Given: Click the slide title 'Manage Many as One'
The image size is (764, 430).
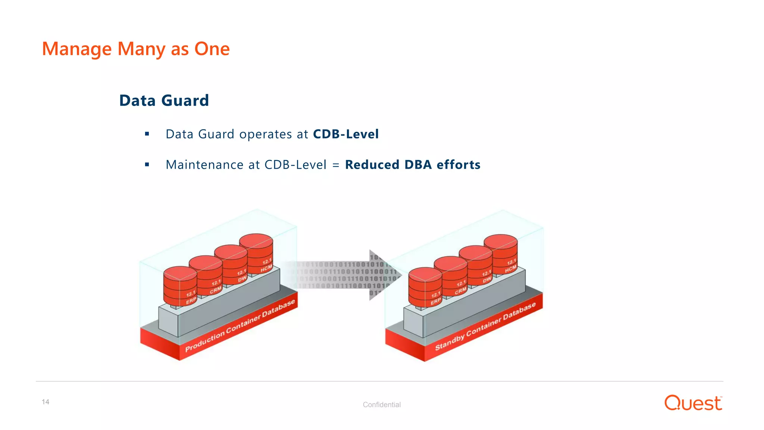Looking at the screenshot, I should (x=136, y=49).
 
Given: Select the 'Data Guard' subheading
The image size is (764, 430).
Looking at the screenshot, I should (x=164, y=100).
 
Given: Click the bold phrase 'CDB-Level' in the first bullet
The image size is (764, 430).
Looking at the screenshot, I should (x=346, y=134).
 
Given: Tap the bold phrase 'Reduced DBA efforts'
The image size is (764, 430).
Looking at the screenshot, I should (x=413, y=165).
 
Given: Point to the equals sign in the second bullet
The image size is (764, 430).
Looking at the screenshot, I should (x=336, y=165).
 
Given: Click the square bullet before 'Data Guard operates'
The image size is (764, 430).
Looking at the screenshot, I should (x=147, y=134).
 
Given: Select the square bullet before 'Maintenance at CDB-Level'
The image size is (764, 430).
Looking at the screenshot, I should (x=147, y=164).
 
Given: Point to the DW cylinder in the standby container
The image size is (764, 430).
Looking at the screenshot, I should (x=476, y=265).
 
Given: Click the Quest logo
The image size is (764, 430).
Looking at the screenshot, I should (x=693, y=403).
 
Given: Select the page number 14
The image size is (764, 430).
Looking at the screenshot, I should (x=46, y=402).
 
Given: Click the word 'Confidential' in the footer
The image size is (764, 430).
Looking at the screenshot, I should (x=382, y=405).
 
